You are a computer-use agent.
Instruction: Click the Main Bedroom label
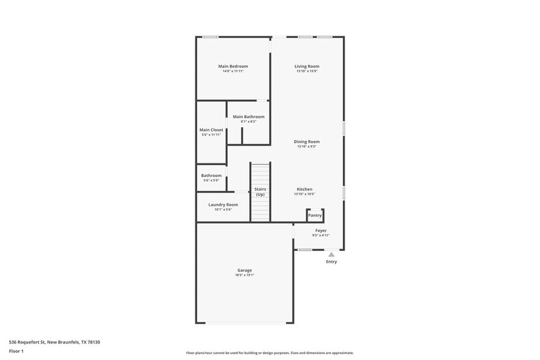pos(233,66)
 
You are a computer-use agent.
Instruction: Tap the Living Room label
pos(307,66)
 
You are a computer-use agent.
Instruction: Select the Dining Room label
pos(307,141)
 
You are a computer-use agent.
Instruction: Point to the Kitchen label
pos(305,189)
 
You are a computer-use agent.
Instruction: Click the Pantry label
pos(315,216)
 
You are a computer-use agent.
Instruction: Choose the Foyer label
pos(321,231)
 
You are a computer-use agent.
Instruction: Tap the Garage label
pos(245,270)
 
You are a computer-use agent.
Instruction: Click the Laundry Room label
pos(223,204)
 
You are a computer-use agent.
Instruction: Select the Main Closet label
pos(211,130)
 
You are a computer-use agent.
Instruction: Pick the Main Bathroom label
pos(249,116)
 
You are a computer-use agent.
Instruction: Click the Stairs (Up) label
pos(260,192)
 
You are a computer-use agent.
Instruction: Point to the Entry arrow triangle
pos(331,254)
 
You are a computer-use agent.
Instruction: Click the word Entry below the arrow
pos(331,262)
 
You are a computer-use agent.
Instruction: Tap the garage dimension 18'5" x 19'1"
pos(245,276)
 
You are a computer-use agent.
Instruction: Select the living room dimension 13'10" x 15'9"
pos(307,71)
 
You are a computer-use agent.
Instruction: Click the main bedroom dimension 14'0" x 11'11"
pos(233,71)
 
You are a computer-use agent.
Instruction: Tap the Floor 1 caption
pos(16,351)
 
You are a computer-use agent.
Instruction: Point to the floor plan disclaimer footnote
pos(270,353)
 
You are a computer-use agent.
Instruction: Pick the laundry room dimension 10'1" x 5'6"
pos(223,209)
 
